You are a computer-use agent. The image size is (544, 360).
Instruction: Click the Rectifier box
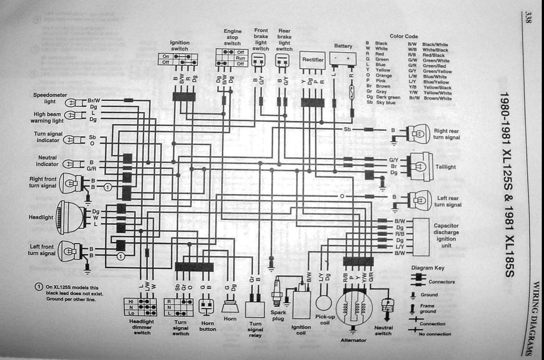click(313, 59)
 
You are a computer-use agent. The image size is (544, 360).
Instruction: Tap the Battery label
click(343, 46)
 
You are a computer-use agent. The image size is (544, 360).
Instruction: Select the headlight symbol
click(66, 217)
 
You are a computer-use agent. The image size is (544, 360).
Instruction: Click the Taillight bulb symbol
click(420, 167)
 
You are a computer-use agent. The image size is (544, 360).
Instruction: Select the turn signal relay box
click(255, 310)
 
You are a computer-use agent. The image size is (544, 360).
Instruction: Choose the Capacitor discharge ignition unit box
click(421, 236)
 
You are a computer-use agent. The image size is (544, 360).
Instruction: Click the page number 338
click(528, 17)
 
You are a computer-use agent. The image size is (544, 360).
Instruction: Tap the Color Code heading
click(404, 36)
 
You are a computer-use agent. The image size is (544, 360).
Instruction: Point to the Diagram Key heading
click(427, 268)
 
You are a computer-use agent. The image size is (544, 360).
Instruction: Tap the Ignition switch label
click(180, 46)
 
